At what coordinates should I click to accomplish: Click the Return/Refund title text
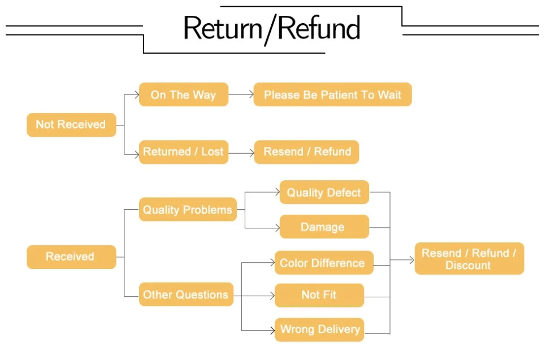point(272,28)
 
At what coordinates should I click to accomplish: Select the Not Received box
point(71,124)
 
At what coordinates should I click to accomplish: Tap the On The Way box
point(183,95)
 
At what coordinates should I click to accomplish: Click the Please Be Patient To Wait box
point(332,95)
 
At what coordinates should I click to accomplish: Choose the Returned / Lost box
point(183,151)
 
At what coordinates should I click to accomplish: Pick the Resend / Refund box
point(306,151)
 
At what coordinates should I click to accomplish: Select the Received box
point(71,257)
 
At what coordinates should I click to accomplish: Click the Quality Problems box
point(188,210)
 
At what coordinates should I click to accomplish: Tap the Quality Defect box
point(324,192)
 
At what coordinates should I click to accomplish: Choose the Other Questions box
point(186,294)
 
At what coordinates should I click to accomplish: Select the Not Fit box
point(319,294)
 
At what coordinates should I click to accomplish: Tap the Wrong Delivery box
point(319,329)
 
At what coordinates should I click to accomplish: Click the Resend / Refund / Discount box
point(469,259)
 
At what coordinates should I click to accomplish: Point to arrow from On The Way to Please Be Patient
point(241,95)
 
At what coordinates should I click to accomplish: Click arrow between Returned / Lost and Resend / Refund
point(241,152)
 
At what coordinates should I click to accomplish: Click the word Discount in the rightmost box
point(468,266)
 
